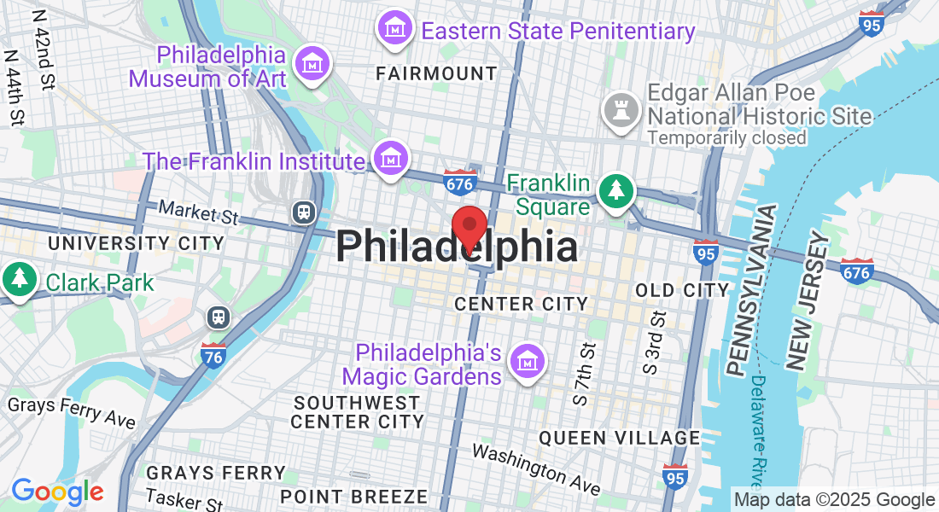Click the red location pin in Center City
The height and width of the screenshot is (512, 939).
click(469, 226)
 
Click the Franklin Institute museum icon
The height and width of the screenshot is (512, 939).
click(390, 158)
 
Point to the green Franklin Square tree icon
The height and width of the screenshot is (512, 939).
click(615, 189)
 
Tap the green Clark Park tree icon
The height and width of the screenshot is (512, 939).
click(18, 278)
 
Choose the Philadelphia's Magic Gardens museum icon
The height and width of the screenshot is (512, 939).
click(526, 362)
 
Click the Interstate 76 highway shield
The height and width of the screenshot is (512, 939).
click(213, 355)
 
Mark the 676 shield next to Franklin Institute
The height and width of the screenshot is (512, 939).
click(460, 181)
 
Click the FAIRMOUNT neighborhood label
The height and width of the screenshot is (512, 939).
click(436, 74)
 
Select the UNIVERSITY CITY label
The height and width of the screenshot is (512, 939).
click(136, 243)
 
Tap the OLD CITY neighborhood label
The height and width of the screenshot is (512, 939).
click(682, 290)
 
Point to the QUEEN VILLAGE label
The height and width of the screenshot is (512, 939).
click(619, 438)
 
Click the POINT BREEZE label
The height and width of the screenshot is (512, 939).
click(353, 496)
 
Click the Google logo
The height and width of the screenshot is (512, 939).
click(57, 492)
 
